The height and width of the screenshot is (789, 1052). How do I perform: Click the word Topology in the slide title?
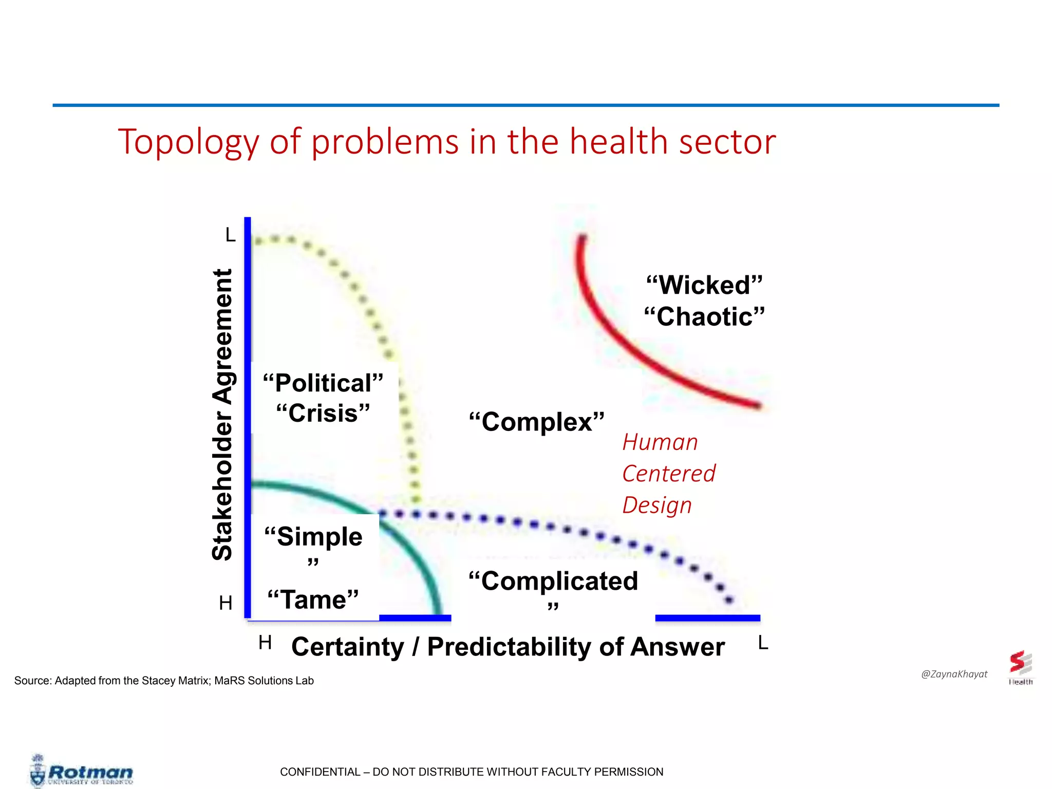pyautogui.click(x=188, y=142)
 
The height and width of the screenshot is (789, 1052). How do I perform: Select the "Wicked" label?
pyautogui.click(x=704, y=285)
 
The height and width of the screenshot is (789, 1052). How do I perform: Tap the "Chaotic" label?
pyautogui.click(x=704, y=316)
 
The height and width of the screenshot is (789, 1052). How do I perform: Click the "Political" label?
pyautogui.click(x=323, y=383)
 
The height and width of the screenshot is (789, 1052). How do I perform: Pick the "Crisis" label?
pyautogui.click(x=323, y=414)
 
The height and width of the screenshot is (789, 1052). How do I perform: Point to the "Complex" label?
pyautogui.click(x=537, y=422)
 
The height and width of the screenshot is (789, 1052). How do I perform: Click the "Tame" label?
pyautogui.click(x=313, y=599)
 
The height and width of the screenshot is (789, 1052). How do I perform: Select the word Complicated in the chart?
pyautogui.click(x=554, y=581)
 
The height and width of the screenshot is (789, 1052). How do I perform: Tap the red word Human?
pyautogui.click(x=660, y=442)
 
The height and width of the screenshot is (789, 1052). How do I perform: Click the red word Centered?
pyautogui.click(x=668, y=474)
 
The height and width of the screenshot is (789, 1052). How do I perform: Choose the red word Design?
pyautogui.click(x=657, y=505)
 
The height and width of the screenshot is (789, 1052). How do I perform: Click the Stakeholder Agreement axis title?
pyautogui.click(x=222, y=414)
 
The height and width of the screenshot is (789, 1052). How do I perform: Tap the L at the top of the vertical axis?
pyautogui.click(x=230, y=235)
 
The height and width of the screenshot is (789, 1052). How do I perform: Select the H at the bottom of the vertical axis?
pyautogui.click(x=226, y=603)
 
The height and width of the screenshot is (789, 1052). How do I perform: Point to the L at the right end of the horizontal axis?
pyautogui.click(x=763, y=643)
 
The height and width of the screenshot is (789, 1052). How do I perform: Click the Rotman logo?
pyautogui.click(x=82, y=773)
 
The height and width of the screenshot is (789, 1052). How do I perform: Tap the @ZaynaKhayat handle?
pyautogui.click(x=954, y=674)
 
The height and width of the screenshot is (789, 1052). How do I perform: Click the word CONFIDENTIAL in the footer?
pyautogui.click(x=320, y=772)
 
